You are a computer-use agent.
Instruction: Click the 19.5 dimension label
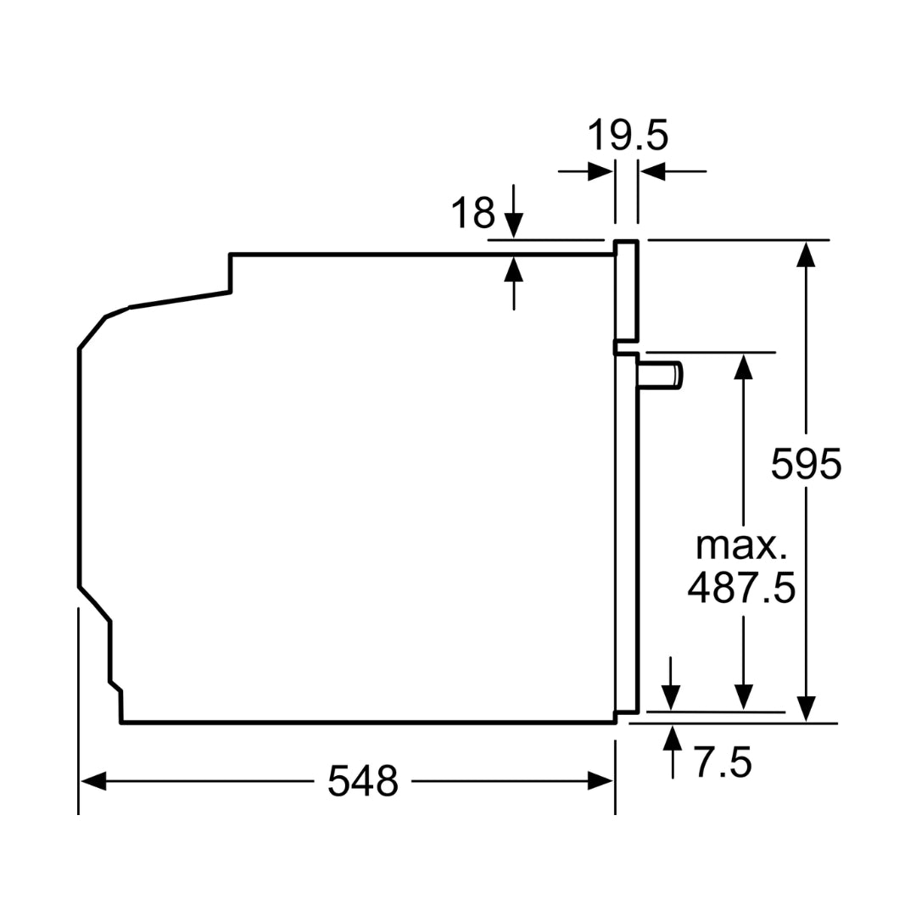point(627,136)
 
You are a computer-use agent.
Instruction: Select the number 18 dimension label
point(472,213)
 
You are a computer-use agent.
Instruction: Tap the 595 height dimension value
point(807,464)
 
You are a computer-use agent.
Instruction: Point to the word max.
point(740,545)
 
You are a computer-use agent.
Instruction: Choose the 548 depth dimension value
point(363,780)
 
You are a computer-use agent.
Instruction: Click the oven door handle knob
point(660,375)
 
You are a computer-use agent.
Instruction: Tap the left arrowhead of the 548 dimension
point(93,780)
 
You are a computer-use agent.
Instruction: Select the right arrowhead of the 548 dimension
point(600,780)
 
